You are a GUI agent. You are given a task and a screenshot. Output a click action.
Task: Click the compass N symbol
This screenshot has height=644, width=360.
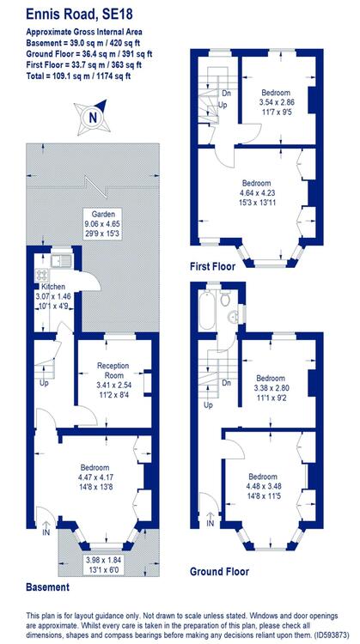click(x=94, y=118)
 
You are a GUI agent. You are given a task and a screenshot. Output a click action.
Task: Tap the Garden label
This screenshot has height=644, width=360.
click(x=101, y=214)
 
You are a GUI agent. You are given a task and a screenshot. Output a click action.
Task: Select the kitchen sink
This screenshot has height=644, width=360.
click(x=61, y=259)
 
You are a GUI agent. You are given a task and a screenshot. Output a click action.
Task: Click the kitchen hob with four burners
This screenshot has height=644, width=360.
click(x=40, y=274)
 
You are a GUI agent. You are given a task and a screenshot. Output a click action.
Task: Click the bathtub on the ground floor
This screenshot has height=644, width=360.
click(x=207, y=310)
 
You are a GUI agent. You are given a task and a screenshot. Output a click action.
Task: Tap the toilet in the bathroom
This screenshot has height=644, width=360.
click(x=225, y=298)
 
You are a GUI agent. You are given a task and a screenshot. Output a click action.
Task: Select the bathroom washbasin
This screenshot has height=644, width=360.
click(x=234, y=316)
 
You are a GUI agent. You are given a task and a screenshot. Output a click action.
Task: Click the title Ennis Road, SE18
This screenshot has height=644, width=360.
click(x=79, y=15)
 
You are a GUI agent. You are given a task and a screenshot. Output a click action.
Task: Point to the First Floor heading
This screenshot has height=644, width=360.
click(x=212, y=266)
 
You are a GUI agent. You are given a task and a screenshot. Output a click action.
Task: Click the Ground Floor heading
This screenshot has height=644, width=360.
click(x=219, y=571)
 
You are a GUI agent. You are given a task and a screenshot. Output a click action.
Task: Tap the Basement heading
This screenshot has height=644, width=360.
click(x=47, y=587)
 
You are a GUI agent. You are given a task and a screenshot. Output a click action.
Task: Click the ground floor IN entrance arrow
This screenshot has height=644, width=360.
click(x=210, y=518)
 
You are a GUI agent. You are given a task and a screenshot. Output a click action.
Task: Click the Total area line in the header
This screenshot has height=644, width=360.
click(x=78, y=76)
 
